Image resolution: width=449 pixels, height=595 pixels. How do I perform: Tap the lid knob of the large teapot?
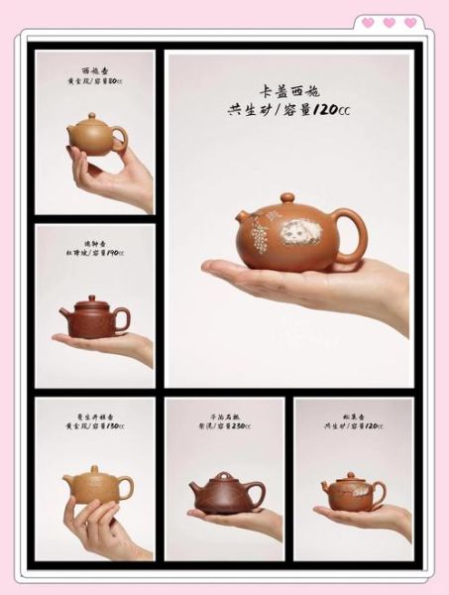click(x=287, y=197)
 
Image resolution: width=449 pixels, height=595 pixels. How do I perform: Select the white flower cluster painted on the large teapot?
click(x=262, y=238)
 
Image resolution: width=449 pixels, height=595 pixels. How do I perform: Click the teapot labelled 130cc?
click(x=97, y=485)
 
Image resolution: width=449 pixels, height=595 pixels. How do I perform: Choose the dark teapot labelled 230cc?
click(x=226, y=492)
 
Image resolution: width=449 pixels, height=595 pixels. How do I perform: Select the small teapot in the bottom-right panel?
click(x=352, y=490)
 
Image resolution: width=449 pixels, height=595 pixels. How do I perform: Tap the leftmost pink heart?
click(x=368, y=23)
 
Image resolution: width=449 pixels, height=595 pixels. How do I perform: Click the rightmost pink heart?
click(x=410, y=23)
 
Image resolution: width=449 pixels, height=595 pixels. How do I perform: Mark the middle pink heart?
click(x=389, y=23)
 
